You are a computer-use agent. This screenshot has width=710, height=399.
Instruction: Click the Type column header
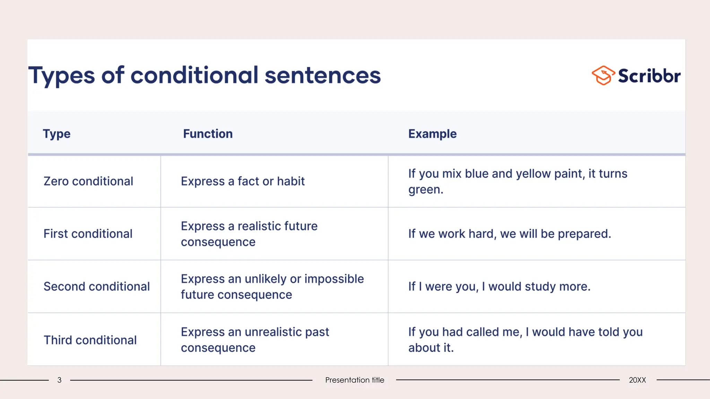tap(57, 134)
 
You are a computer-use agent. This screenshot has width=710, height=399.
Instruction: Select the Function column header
tap(208, 134)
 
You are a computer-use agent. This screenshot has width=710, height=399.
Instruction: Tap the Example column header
tap(432, 134)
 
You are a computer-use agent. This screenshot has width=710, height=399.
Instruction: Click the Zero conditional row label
tap(88, 181)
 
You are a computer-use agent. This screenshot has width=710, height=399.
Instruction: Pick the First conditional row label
tap(88, 234)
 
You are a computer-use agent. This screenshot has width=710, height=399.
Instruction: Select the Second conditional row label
tap(96, 286)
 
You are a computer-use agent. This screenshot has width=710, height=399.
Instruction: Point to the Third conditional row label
tap(90, 340)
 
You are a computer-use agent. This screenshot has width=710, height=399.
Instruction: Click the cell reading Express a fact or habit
tap(243, 181)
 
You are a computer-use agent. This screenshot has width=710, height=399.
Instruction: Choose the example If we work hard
tap(509, 234)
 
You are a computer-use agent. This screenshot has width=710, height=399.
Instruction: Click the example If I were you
tap(499, 286)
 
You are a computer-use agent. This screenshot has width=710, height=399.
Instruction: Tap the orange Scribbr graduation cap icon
tap(603, 75)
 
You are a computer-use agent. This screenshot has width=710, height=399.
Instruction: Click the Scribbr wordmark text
tap(649, 76)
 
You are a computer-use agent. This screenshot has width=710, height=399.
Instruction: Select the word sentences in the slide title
tap(322, 76)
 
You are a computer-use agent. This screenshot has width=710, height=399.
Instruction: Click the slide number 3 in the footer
tap(59, 380)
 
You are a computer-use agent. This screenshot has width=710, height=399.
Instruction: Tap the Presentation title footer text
tap(354, 380)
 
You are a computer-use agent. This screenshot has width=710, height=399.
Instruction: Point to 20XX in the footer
tap(637, 380)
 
